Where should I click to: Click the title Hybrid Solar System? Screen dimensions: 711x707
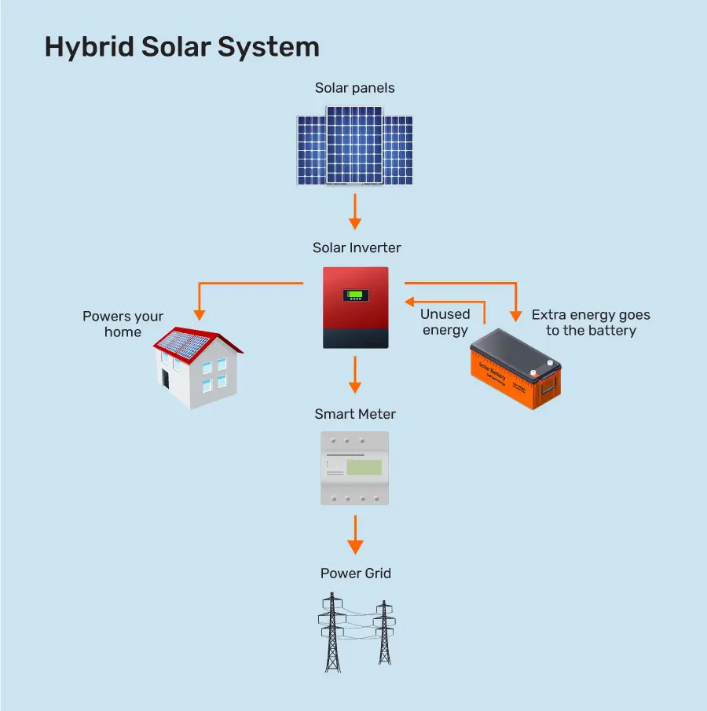point(181,47)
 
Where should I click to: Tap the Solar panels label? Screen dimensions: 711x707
point(354,88)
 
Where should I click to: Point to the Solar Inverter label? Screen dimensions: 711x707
point(357,248)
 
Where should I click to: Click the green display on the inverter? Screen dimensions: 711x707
point(355,296)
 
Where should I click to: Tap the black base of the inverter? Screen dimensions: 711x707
point(355,337)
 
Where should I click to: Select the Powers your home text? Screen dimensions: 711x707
point(123,324)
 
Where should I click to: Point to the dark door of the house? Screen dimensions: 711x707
point(166,378)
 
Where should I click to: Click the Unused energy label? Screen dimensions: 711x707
point(445,322)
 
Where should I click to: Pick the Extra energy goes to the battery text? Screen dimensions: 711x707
point(591,322)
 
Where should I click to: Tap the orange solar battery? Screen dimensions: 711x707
point(515,373)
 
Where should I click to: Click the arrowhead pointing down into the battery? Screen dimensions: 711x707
point(515,315)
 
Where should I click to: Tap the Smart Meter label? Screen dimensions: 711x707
point(355,414)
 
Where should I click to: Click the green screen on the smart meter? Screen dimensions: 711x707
point(364,467)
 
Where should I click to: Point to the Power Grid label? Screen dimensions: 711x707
point(355,574)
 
